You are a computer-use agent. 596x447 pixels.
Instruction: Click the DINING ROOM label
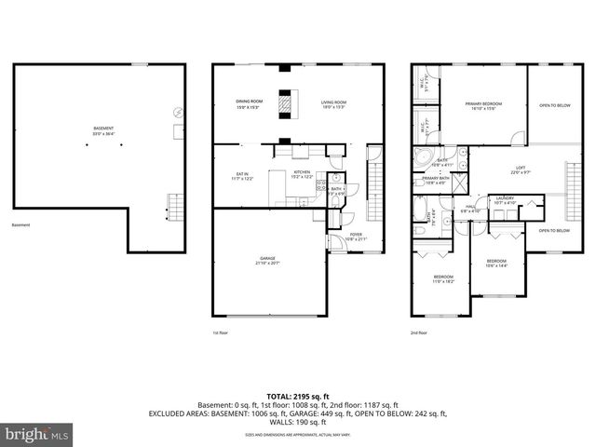pyautogui.click(x=249, y=103)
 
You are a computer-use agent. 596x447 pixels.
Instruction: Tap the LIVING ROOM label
pyautogui.click(x=334, y=103)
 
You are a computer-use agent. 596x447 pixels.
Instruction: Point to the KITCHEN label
pyautogui.click(x=302, y=174)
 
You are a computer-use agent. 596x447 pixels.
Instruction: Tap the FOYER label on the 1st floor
pyautogui.click(x=356, y=237)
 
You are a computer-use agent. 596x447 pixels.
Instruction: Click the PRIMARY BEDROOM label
pyautogui.click(x=484, y=105)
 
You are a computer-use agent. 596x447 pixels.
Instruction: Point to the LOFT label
pyautogui.click(x=521, y=169)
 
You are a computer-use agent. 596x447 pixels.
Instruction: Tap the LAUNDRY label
pyautogui.click(x=505, y=199)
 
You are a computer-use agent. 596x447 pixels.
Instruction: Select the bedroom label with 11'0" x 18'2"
pyautogui.click(x=443, y=279)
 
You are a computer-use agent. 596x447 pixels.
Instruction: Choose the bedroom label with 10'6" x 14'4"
pyautogui.click(x=495, y=263)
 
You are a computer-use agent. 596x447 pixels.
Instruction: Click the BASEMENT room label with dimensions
pyautogui.click(x=103, y=130)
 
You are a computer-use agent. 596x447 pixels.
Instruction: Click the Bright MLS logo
pyautogui.click(x=37, y=434)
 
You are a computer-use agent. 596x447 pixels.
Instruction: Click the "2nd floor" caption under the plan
pyautogui.click(x=419, y=332)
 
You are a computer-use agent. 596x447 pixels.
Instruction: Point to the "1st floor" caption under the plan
pyautogui.click(x=220, y=332)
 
